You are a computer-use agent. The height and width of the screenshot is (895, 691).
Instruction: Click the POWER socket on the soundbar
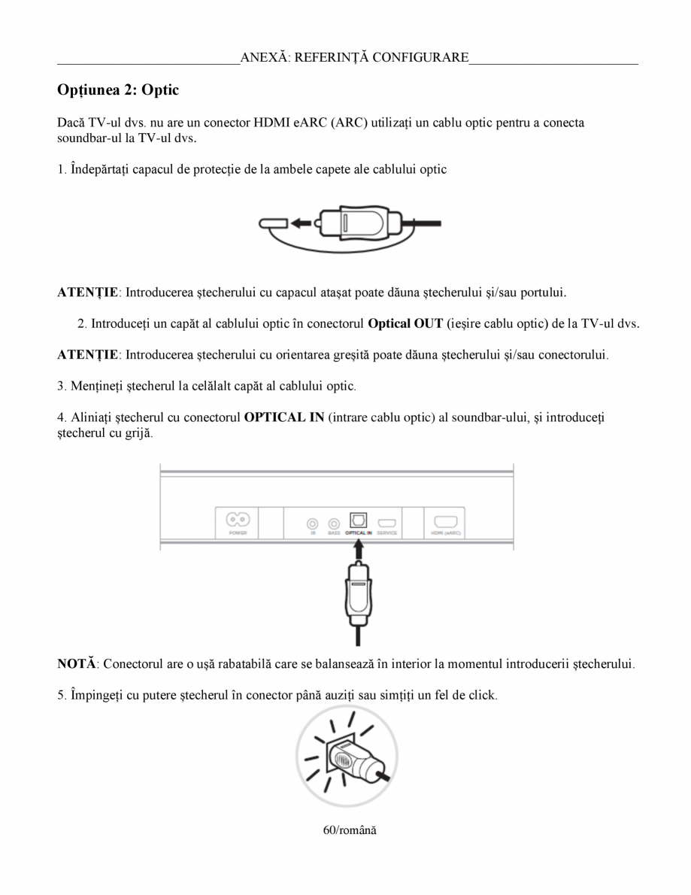(x=233, y=520)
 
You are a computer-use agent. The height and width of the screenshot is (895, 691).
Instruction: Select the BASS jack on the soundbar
(x=334, y=522)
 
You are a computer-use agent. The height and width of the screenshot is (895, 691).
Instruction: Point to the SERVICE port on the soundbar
(x=387, y=522)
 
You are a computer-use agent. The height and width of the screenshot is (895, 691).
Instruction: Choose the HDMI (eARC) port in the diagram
(x=445, y=520)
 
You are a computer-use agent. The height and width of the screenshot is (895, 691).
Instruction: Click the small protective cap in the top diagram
(x=272, y=223)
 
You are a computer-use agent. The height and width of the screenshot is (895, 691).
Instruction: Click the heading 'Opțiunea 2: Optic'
(x=118, y=90)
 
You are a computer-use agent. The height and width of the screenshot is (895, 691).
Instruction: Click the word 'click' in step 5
(x=482, y=695)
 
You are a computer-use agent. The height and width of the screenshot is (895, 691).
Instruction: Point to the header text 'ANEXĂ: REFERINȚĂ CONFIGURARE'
(x=354, y=57)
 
